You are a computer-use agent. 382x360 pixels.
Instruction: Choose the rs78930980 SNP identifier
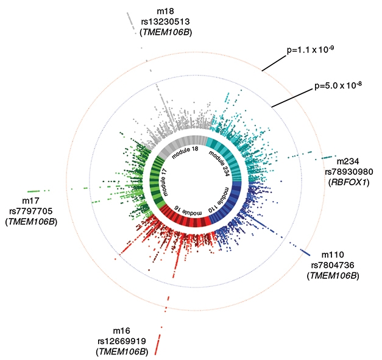click(347, 171)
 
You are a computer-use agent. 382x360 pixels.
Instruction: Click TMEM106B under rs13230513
click(165, 32)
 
